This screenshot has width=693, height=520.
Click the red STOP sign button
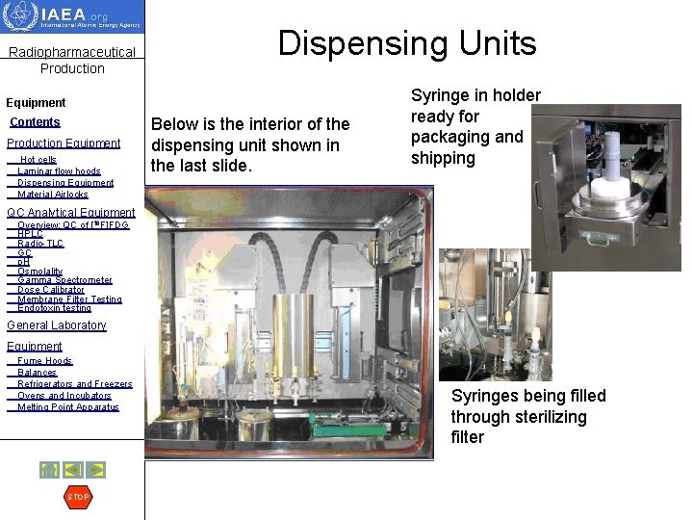[78, 497]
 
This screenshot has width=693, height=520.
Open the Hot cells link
[38, 160]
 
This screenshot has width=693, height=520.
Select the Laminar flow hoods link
[59, 171]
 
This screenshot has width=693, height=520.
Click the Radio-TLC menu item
[40, 244]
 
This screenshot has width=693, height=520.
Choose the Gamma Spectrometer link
[64, 280]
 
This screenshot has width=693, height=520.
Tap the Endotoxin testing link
[54, 308]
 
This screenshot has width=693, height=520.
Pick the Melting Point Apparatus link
[67, 407]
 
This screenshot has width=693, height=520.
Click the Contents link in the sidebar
[35, 122]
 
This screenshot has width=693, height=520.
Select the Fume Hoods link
[44, 361]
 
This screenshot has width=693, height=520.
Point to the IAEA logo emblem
[21, 17]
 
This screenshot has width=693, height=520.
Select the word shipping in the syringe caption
[443, 158]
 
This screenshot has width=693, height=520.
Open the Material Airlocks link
[53, 195]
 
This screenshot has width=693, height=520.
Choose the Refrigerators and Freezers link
[75, 384]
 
